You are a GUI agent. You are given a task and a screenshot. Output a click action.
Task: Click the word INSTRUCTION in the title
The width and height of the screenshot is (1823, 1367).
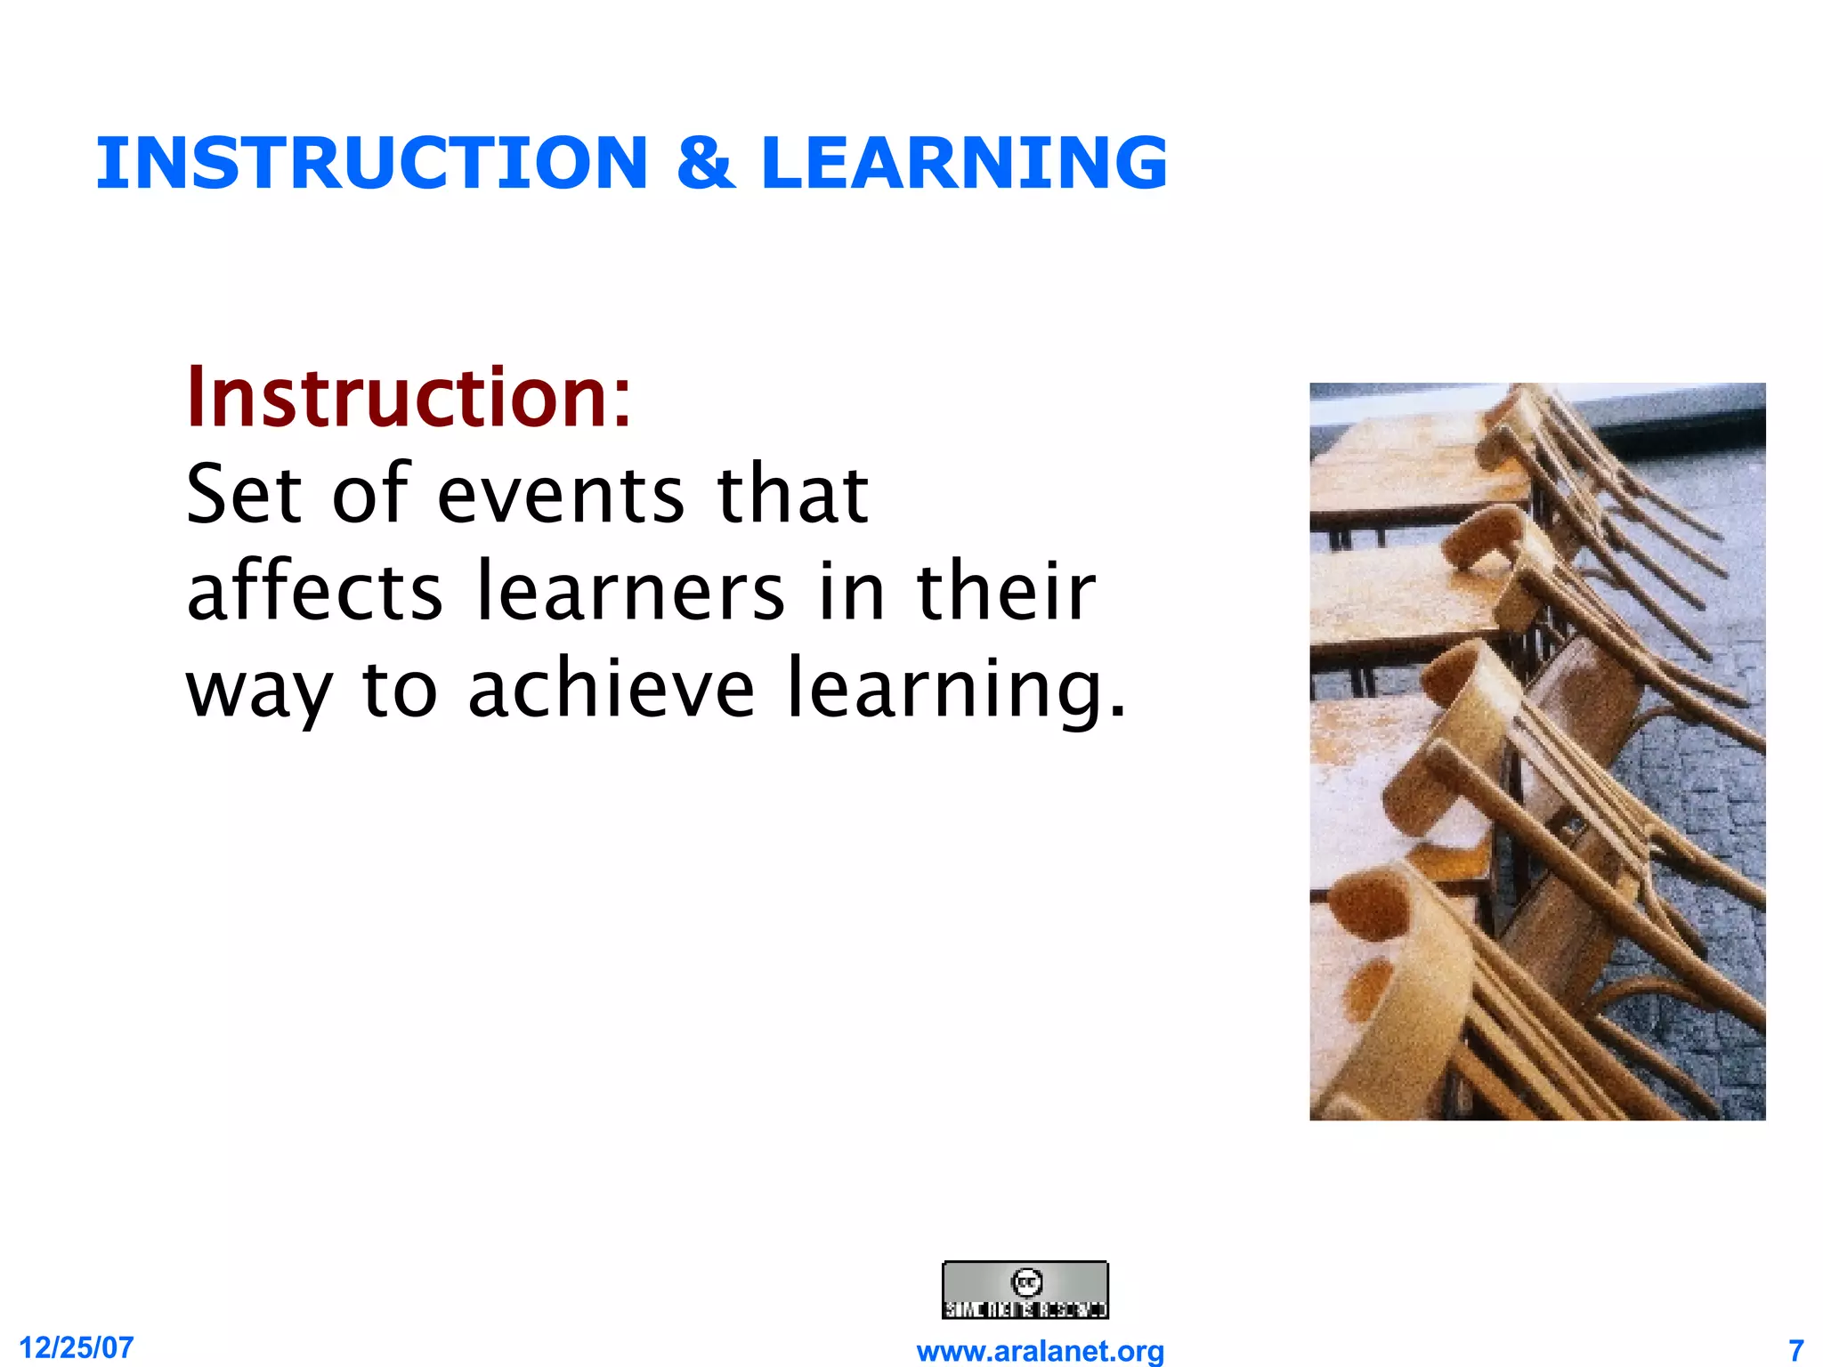371,163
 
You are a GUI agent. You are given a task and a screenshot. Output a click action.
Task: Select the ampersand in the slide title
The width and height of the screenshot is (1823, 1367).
705,163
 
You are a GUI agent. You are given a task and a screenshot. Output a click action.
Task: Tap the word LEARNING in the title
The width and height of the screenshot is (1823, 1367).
964,163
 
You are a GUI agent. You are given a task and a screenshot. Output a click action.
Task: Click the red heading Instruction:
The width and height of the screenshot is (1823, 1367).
409,398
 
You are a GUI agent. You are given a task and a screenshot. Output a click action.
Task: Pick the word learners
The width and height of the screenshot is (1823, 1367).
631,592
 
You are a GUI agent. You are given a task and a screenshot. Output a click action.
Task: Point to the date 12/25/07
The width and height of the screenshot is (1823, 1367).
77,1347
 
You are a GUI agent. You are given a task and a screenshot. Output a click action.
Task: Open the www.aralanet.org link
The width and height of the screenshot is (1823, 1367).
1040,1351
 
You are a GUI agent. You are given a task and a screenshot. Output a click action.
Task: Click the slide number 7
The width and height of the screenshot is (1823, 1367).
1795,1349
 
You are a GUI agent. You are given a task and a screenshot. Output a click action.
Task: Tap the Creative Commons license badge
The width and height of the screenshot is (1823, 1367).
1025,1290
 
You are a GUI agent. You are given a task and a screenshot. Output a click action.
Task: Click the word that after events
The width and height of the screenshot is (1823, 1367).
792,494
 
